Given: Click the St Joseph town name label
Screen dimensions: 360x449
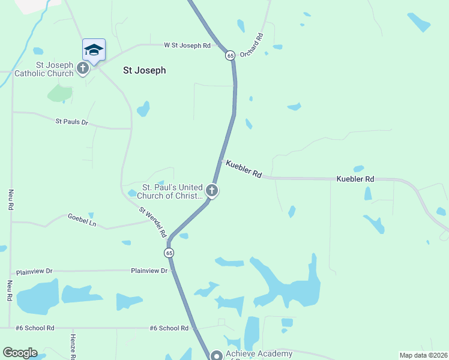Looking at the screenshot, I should [144, 70].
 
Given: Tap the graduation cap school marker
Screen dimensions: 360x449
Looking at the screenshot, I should [94, 50].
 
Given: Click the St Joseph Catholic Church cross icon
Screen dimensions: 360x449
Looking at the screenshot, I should [83, 69].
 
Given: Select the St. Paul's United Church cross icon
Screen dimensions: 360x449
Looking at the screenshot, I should [211, 191].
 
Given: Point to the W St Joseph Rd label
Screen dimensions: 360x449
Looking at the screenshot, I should [188, 46].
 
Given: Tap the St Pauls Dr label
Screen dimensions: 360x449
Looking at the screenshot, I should [72, 122].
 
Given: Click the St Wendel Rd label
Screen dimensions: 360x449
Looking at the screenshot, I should [152, 222].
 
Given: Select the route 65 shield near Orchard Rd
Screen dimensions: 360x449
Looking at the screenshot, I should [230, 56].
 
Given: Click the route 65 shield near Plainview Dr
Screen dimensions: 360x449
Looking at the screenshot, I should [170, 253].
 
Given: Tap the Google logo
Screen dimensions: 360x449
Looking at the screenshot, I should [20, 353].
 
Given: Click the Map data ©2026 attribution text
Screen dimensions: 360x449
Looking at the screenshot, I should [423, 355].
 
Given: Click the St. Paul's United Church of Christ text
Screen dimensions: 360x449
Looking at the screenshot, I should [170, 191].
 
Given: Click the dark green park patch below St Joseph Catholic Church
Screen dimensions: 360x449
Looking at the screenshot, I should [60, 93].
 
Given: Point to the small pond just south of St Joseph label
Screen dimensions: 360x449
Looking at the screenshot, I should [143, 109].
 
